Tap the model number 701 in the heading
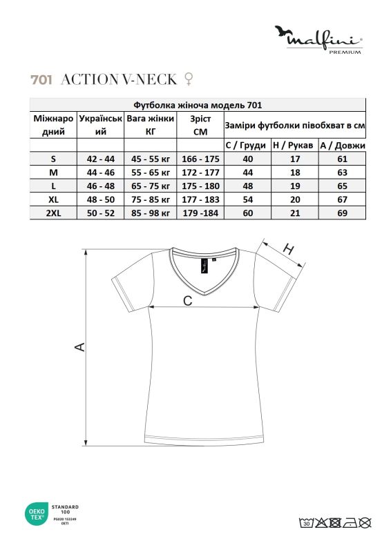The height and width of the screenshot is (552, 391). tap(41, 79)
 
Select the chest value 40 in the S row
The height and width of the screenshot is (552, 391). tap(247, 159)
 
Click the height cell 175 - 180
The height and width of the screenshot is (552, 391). tap(200, 186)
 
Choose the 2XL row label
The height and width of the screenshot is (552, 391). tap(53, 214)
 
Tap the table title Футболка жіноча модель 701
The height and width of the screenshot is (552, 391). tap(196, 105)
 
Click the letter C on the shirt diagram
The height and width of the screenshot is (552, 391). tap(187, 300)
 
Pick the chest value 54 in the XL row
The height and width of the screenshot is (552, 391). tap(247, 200)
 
